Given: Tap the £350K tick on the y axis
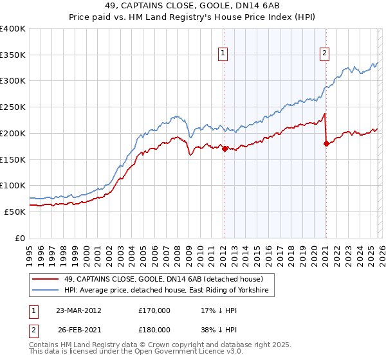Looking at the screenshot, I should click(13, 55).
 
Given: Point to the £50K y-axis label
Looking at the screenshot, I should click(15, 212).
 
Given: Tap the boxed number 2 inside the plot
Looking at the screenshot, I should click(324, 53).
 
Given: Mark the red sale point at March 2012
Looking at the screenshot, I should click(225, 148).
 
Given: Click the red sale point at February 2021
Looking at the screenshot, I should click(326, 143).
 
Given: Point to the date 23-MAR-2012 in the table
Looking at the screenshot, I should click(79, 310).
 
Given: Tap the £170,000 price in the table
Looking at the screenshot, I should click(154, 310).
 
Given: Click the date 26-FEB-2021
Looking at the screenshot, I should click(79, 329).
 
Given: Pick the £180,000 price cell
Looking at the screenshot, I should click(154, 329).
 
